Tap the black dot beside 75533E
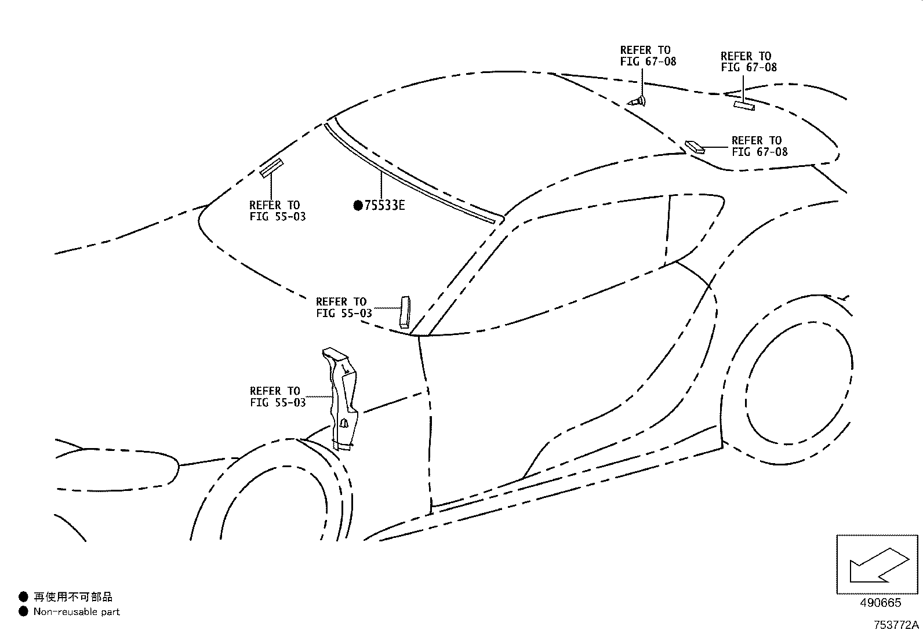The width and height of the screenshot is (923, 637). pyautogui.click(x=358, y=205)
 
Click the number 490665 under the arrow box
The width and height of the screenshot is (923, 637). pyautogui.click(x=880, y=603)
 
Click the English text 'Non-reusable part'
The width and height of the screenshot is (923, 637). pyautogui.click(x=77, y=611)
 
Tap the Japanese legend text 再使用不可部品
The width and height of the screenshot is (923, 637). pyautogui.click(x=73, y=596)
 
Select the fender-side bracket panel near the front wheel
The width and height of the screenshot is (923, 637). pyautogui.click(x=341, y=400)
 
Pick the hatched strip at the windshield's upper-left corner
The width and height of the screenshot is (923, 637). pyautogui.click(x=271, y=168)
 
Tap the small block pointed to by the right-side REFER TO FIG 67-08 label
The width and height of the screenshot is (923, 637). pyautogui.click(x=695, y=146)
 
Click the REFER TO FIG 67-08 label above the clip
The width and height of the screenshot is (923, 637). pyautogui.click(x=648, y=56)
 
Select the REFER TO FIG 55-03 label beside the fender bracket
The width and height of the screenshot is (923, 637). pyautogui.click(x=278, y=396)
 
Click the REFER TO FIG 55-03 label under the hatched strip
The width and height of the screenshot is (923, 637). pyautogui.click(x=277, y=211)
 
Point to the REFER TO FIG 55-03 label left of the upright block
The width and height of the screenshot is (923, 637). pyautogui.click(x=344, y=307)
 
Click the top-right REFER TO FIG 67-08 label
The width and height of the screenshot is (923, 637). pyautogui.click(x=748, y=61)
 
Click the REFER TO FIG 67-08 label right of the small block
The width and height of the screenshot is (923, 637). pyautogui.click(x=759, y=146)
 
